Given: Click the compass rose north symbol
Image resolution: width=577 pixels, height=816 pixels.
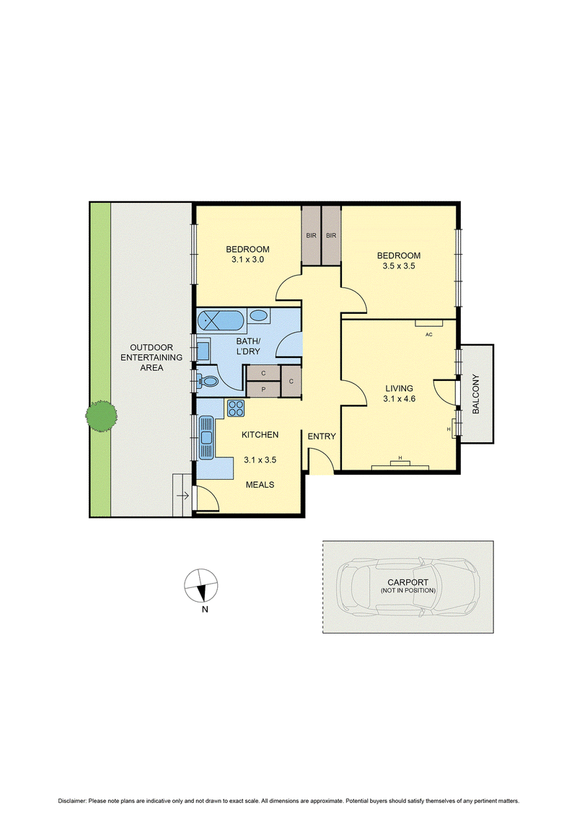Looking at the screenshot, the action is pos(201,586).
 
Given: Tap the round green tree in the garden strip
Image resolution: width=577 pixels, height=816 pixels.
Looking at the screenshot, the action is pos(101,416).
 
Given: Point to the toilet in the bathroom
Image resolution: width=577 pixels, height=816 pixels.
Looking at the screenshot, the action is pos(208,382).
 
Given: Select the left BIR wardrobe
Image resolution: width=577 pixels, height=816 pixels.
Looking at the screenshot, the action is pos(311,235).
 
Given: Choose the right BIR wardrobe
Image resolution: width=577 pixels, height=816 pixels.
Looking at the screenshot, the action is pos(331,235).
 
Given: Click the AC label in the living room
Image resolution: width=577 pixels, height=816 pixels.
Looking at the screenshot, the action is pos(428,335).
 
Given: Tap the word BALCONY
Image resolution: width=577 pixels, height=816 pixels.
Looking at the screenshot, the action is pos(475,394).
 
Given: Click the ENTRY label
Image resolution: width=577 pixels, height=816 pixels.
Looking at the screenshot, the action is pos(322,436).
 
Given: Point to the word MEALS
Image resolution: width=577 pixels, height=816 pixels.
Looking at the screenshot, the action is pos(260,485).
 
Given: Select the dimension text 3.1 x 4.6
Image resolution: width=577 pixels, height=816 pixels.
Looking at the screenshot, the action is pos(399,399).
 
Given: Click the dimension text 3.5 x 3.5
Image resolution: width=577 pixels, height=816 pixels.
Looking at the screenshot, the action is pos(399,266).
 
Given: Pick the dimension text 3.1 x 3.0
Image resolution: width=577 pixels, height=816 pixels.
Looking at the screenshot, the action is pos(247,259).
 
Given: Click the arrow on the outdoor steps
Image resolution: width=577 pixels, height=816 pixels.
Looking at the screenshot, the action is pos(182,496).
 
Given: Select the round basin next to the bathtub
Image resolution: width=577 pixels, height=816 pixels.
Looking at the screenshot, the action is pos(258,315).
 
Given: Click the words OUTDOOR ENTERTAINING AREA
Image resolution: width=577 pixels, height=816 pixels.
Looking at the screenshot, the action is pos(151,358).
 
